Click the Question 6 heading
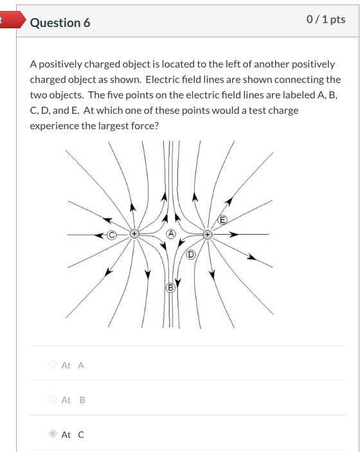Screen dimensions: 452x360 coord(60,23)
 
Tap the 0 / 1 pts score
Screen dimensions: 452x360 coord(327,19)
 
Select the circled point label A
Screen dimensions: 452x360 coord(170,233)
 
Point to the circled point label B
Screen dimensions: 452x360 coord(170,286)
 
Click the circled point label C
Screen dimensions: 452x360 coord(111,235)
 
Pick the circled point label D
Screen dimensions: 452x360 coord(190,255)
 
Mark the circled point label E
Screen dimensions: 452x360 coord(223,220)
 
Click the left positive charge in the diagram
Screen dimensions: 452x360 coord(134,235)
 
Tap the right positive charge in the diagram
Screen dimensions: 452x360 coord(207,235)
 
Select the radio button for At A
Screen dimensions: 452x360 coord(53,365)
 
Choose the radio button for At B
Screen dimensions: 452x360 coord(53,400)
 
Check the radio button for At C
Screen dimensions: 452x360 coord(53,435)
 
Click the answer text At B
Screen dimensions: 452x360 coord(73,400)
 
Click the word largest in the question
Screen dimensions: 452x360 coord(115,126)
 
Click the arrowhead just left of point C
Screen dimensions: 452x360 coord(102,235)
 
